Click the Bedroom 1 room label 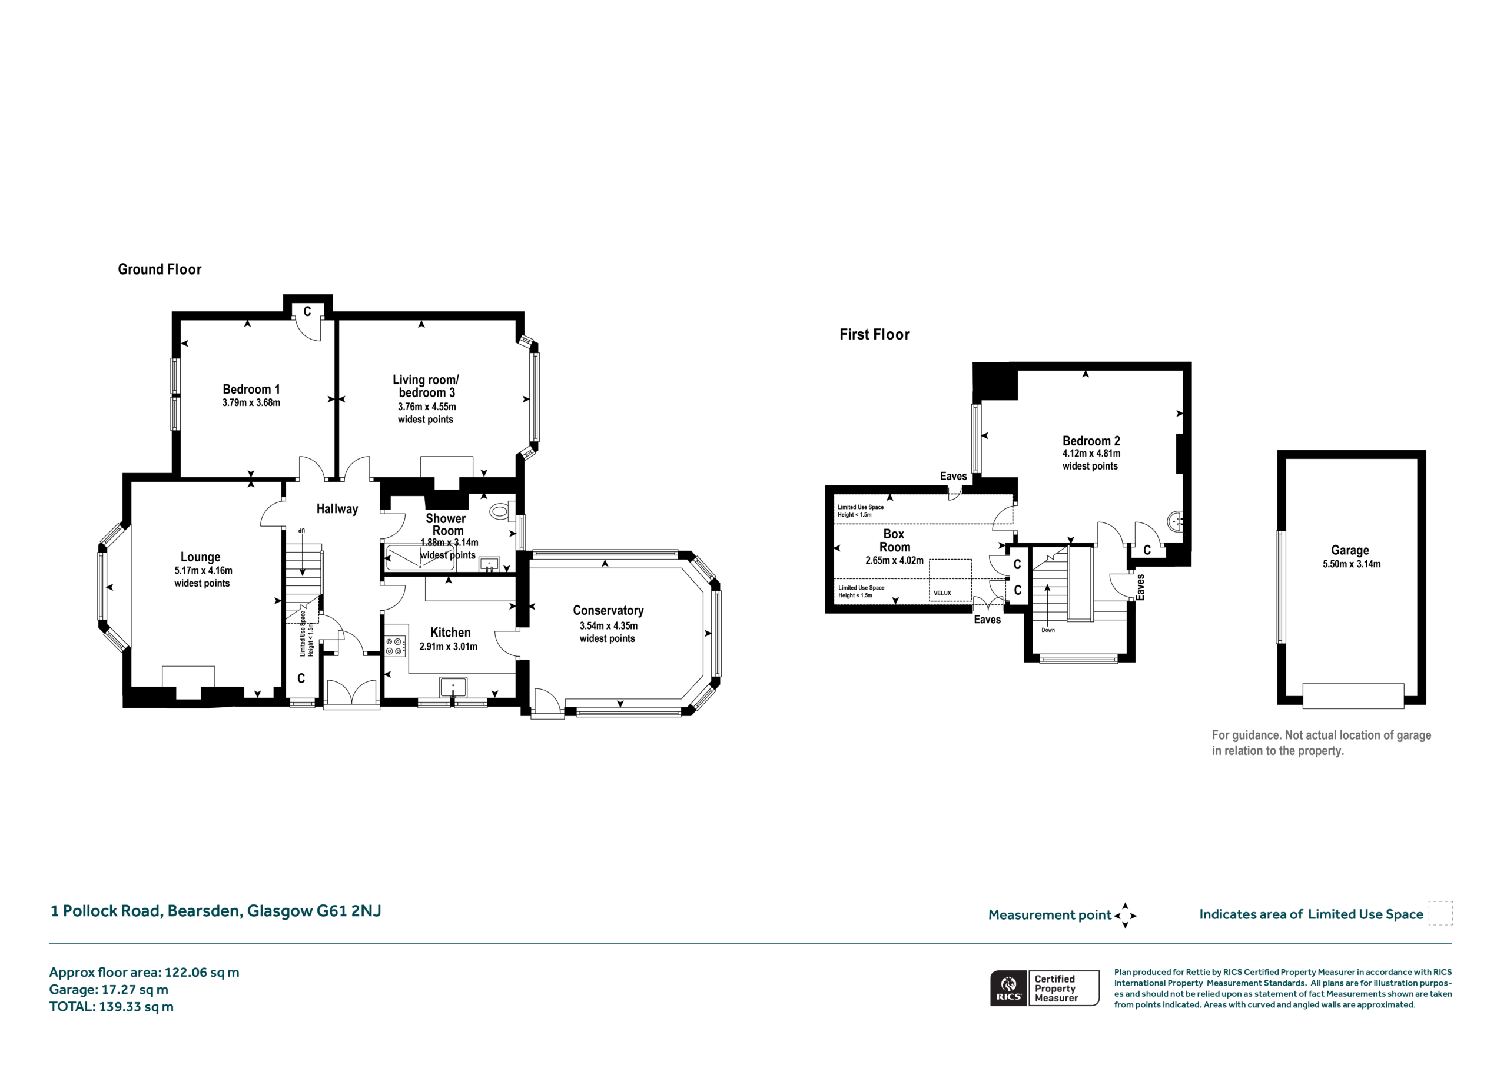pyautogui.click(x=251, y=389)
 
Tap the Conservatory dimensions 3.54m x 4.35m pyautogui.click(x=609, y=626)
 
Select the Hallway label pyautogui.click(x=337, y=508)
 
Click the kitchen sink pyautogui.click(x=453, y=687)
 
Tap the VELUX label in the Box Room pyautogui.click(x=942, y=593)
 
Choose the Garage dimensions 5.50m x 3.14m pyautogui.click(x=1352, y=564)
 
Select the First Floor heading pyautogui.click(x=874, y=335)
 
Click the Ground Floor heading pyautogui.click(x=160, y=269)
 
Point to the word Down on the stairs pyautogui.click(x=1048, y=630)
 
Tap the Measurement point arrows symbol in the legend pyautogui.click(x=1125, y=916)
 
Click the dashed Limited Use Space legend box pyautogui.click(x=1440, y=913)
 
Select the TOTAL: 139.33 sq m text pyautogui.click(x=112, y=1007)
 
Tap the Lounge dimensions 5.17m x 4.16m pyautogui.click(x=204, y=571)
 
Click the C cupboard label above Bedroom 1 pyautogui.click(x=307, y=312)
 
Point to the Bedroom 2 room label pyautogui.click(x=1091, y=441)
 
